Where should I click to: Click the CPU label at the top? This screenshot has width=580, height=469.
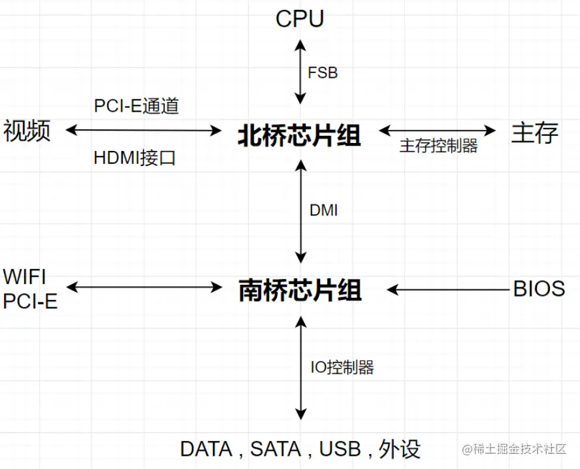pos(300,19)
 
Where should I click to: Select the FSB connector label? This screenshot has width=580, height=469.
pos(323,73)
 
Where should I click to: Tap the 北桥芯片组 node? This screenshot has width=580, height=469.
pos(299,135)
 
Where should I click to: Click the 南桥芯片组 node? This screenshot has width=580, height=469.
pos(300,290)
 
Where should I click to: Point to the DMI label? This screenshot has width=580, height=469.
pos(323,211)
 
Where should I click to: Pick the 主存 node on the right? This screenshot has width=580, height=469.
pos(534,133)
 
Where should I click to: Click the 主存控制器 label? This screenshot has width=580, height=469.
pos(438,146)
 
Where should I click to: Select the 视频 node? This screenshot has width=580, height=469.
pos(27,131)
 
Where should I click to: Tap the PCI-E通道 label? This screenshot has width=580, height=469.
pos(136,106)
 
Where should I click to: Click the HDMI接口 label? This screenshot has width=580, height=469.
pos(135,158)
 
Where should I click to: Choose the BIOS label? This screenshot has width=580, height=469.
pos(539,289)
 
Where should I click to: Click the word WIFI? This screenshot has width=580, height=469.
pos(25,277)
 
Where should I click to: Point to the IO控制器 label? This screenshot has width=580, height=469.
pos(342,367)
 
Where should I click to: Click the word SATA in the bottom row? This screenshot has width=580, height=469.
pos(276,449)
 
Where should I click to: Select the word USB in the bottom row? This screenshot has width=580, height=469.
pos(340,449)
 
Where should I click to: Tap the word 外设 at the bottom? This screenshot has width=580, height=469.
pos(401,449)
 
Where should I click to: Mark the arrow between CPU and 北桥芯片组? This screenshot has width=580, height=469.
pos(300,71)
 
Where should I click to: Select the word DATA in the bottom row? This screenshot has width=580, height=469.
pos(206,449)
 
